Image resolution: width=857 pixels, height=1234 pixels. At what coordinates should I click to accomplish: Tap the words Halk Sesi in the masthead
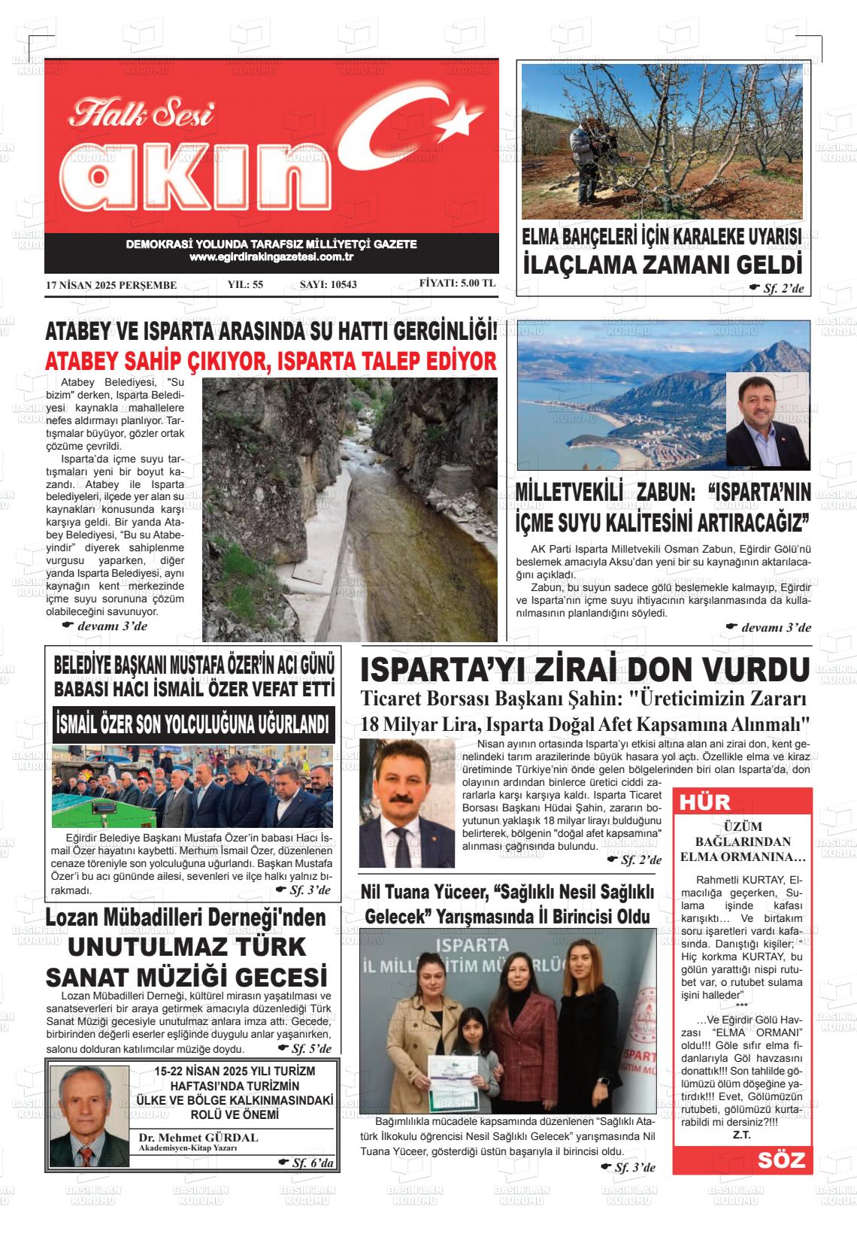pyautogui.click(x=142, y=114)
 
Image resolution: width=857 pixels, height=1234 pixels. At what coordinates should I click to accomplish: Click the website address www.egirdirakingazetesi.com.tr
pyautogui.click(x=271, y=257)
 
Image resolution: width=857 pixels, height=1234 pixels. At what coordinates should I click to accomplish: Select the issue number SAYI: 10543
pyautogui.click(x=328, y=285)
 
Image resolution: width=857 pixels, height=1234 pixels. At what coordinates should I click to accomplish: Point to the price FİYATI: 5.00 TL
pyautogui.click(x=457, y=283)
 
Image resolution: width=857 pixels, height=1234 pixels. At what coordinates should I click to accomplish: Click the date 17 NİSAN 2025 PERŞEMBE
pyautogui.click(x=111, y=285)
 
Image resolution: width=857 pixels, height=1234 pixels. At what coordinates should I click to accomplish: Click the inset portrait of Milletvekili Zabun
pyautogui.click(x=767, y=421)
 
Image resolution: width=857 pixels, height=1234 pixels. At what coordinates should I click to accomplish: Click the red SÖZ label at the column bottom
pyautogui.click(x=781, y=1160)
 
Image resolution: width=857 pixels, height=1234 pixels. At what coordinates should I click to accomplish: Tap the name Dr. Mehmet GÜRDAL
pyautogui.click(x=198, y=1137)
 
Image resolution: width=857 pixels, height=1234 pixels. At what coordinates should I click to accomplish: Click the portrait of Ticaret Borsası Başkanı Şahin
pyautogui.click(x=407, y=804)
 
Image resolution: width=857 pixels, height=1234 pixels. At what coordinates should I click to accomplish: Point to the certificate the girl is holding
pyautogui.click(x=454, y=1078)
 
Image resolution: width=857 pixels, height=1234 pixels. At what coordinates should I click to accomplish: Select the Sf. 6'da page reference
pyautogui.click(x=311, y=1163)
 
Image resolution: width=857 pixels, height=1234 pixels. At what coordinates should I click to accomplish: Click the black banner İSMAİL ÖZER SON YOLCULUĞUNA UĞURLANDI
pyautogui.click(x=194, y=725)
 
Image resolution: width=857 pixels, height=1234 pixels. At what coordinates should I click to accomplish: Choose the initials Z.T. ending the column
pyautogui.click(x=741, y=1135)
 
